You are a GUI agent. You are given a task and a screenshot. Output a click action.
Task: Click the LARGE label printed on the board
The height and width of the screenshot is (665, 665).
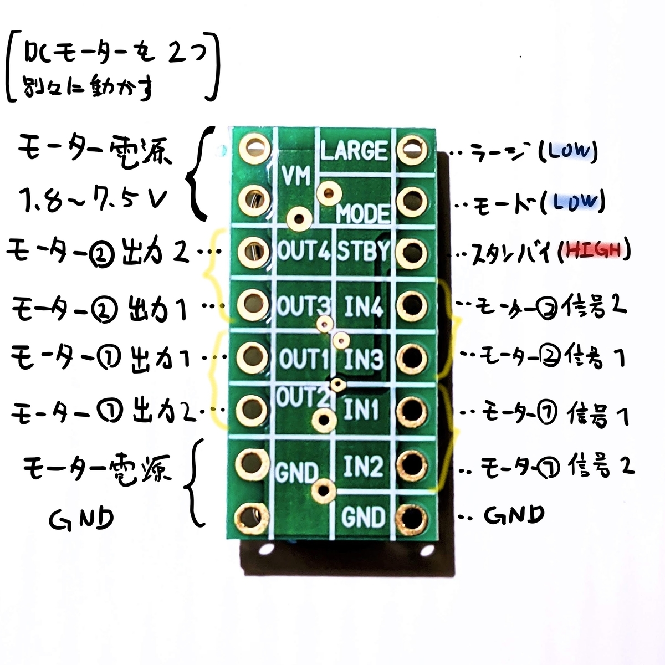[x=354, y=151]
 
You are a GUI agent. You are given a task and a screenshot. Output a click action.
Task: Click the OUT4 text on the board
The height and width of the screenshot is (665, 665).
[x=304, y=251]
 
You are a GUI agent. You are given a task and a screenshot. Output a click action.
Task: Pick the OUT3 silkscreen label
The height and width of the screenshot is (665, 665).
[x=304, y=305]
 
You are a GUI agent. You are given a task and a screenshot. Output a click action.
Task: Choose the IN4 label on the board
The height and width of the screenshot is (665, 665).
[x=364, y=306]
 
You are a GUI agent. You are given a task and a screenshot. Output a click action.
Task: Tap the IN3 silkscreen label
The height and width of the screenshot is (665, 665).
[x=364, y=359]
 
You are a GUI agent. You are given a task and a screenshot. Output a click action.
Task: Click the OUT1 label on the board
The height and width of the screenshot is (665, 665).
[x=304, y=358]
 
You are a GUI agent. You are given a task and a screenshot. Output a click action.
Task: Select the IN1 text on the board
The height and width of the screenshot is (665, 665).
[x=361, y=410]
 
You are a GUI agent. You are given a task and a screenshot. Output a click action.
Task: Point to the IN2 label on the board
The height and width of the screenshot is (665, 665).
[x=364, y=465]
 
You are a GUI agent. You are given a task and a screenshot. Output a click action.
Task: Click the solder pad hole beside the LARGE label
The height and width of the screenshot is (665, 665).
[x=412, y=150]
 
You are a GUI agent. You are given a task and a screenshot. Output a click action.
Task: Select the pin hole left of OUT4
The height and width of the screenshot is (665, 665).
[x=254, y=252]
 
